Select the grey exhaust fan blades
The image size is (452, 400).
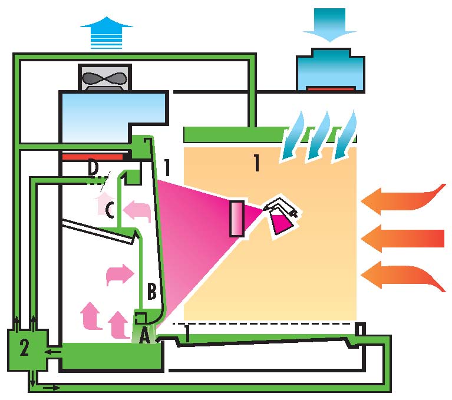107,78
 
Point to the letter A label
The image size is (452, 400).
144,336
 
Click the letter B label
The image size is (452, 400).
151,291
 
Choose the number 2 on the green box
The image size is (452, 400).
24,348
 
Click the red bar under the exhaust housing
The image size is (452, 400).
95,157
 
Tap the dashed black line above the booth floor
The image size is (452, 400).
265,323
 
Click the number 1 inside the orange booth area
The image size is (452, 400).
256,164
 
